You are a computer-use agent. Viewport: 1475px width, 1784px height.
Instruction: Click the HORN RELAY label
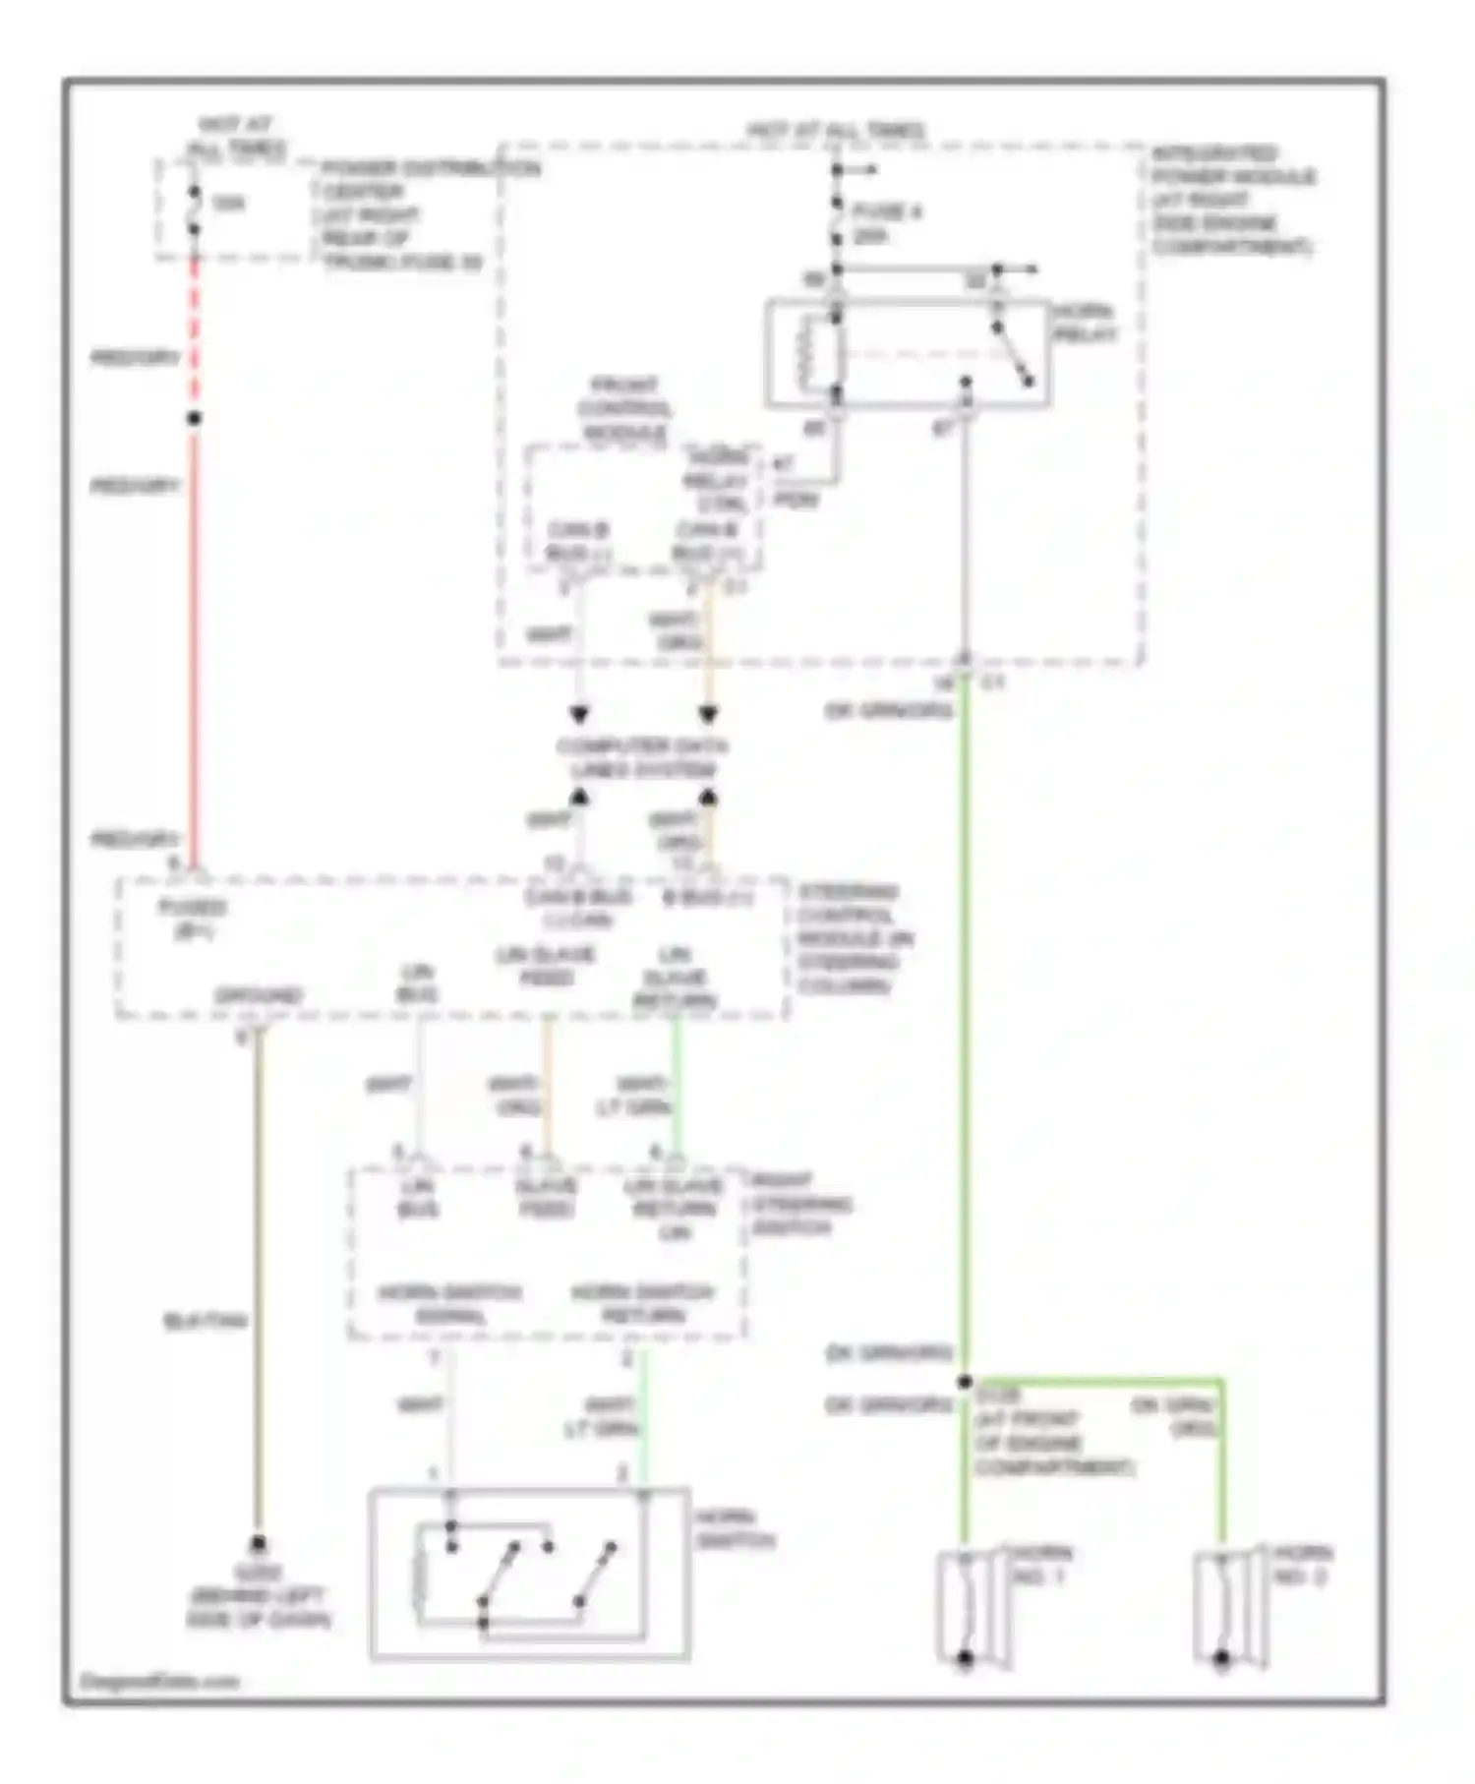pyautogui.click(x=1085, y=324)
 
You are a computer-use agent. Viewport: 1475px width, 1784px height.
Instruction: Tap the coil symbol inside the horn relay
pyautogui.click(x=808, y=354)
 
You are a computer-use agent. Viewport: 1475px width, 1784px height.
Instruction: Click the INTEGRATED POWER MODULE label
pyautogui.click(x=1232, y=200)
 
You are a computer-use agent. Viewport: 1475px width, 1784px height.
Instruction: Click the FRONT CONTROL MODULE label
pyautogui.click(x=623, y=408)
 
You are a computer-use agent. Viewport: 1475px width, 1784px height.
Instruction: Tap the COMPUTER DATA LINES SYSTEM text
pyautogui.click(x=642, y=757)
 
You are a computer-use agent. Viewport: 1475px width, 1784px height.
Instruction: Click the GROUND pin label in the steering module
pyautogui.click(x=259, y=996)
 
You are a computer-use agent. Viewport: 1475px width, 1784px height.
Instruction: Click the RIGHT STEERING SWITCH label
pyautogui.click(x=800, y=1204)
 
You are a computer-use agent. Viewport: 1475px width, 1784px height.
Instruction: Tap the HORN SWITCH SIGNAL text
pyautogui.click(x=450, y=1303)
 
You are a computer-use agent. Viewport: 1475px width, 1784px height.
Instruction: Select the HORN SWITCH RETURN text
pyautogui.click(x=643, y=1303)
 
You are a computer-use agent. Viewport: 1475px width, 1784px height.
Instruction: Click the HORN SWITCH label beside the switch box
pyautogui.click(x=735, y=1529)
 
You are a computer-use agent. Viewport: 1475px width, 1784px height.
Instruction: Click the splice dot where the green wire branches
pyautogui.click(x=965, y=1382)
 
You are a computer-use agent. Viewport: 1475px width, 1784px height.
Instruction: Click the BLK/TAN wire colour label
pyautogui.click(x=205, y=1321)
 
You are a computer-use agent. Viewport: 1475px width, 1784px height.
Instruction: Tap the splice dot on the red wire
pyautogui.click(x=194, y=419)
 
